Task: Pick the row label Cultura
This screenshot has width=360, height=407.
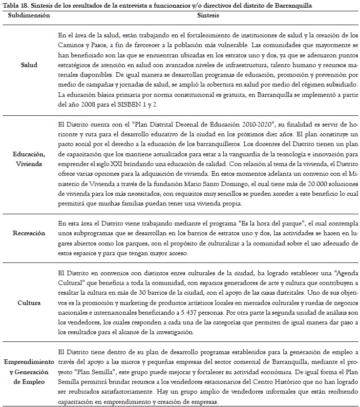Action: (29, 302)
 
